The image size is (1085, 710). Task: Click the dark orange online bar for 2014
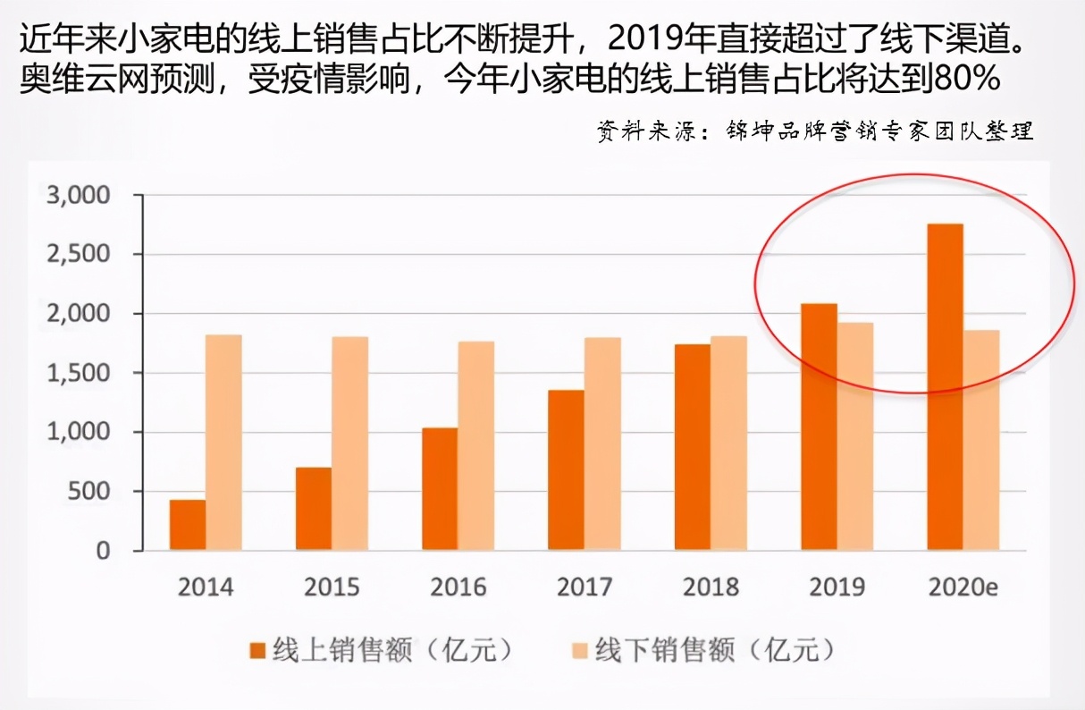coord(188,525)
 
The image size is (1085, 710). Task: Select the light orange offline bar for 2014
coord(223,443)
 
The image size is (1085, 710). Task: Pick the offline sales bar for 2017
coord(602,444)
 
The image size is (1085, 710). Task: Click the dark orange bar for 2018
coord(693,446)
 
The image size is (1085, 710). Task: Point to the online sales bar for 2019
coord(819,427)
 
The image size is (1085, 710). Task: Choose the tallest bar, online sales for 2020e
coord(945,386)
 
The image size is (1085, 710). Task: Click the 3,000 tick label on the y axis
coord(78,195)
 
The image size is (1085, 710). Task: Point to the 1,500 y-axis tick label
coord(78,373)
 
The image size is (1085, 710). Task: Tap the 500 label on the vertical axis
coord(88,492)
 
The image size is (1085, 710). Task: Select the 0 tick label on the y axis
coord(103,551)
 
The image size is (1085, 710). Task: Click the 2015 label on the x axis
coord(332,587)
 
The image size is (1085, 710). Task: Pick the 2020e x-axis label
coord(963,587)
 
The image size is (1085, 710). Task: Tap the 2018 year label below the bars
coord(711,587)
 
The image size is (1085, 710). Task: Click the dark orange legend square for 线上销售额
coord(259,650)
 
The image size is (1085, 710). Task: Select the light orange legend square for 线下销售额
coord(580,650)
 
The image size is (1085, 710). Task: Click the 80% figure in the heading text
coord(964,80)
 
